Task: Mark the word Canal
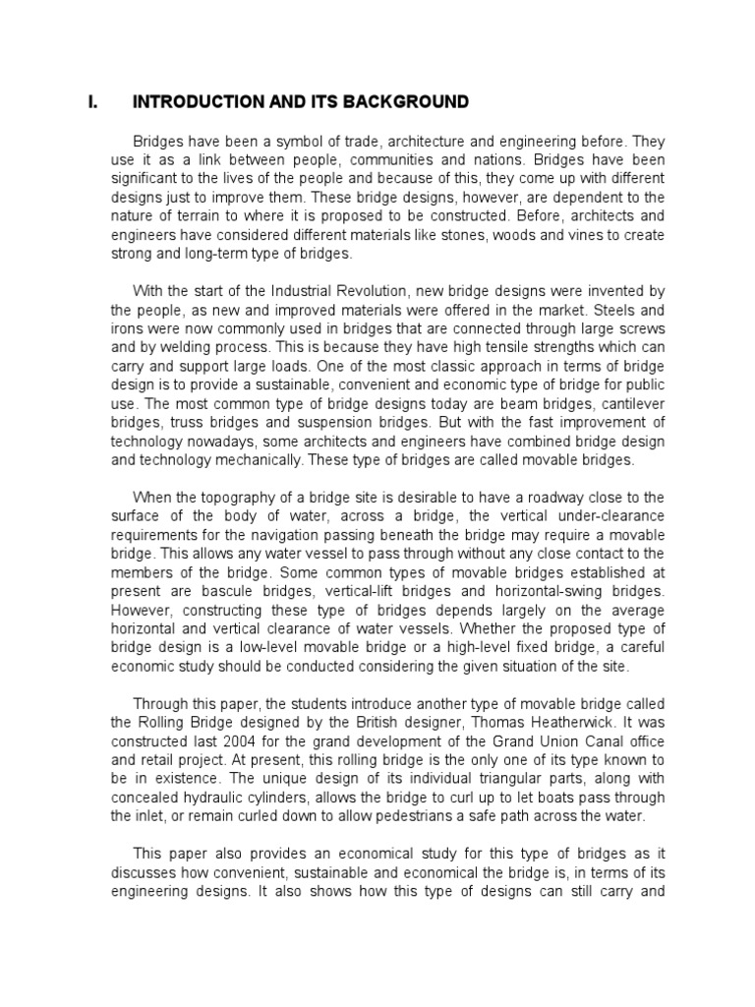point(582,740)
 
